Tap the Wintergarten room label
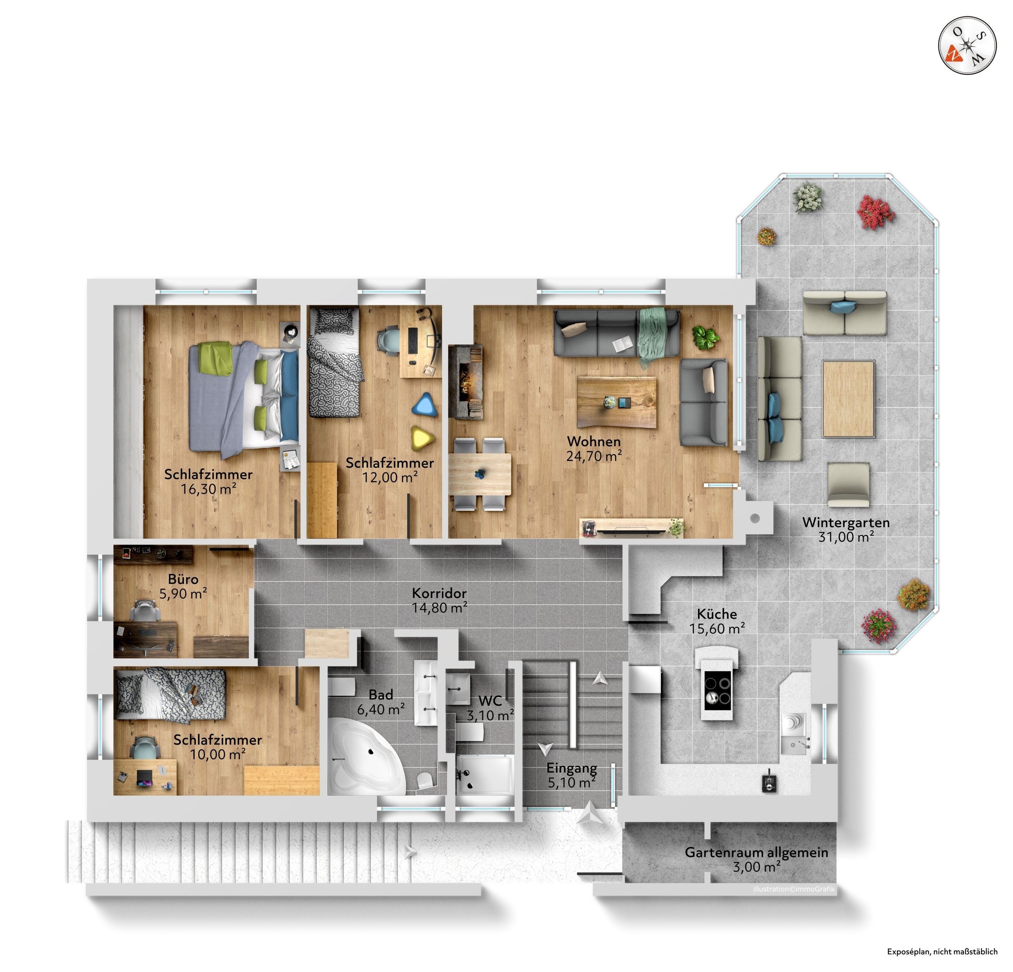(x=846, y=522)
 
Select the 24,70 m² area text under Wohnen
(x=594, y=456)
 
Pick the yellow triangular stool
(x=423, y=438)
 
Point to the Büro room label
(x=183, y=579)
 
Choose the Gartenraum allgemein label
(x=756, y=852)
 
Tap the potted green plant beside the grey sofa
(x=705, y=337)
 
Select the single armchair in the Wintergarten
(x=848, y=485)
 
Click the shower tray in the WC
(x=485, y=775)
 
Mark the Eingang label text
(x=571, y=768)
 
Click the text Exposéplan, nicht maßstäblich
(x=942, y=951)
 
